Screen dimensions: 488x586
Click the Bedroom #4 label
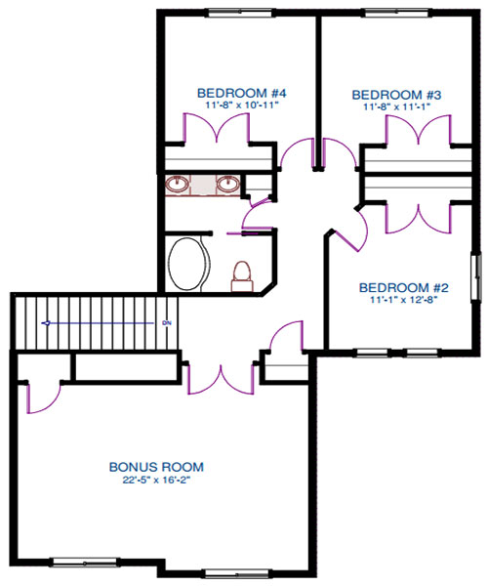(242, 93)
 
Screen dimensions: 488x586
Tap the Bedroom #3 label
(396, 95)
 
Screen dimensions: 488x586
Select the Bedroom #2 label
(404, 287)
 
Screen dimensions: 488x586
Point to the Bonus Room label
(156, 467)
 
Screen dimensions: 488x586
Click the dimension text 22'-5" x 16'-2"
(157, 480)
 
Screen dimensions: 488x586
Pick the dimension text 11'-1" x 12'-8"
(403, 300)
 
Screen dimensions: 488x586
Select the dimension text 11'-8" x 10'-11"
(242, 105)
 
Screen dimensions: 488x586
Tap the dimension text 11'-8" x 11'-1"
(397, 106)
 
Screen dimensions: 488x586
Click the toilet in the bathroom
(242, 276)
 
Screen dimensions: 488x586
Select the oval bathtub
(187, 264)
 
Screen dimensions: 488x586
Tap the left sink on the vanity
(178, 184)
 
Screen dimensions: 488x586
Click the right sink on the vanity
(228, 184)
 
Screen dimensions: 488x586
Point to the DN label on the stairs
(167, 323)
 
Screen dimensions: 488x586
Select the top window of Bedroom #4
(239, 14)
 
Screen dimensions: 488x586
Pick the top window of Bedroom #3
(396, 14)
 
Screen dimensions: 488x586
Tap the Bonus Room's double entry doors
(222, 378)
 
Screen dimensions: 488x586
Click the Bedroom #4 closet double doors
(216, 128)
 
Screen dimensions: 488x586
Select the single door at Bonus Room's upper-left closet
(41, 398)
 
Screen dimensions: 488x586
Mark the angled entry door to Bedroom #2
(351, 231)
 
